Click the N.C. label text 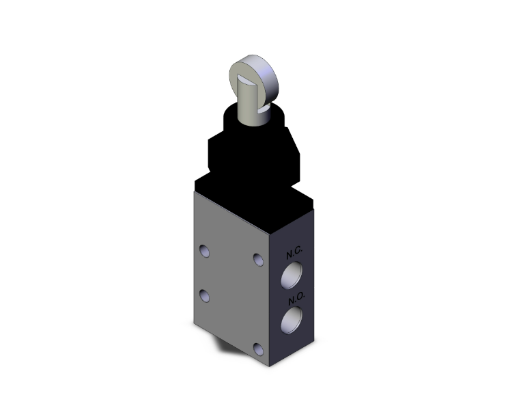(x=294, y=253)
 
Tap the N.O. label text (x=295, y=298)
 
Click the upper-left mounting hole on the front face (x=203, y=252)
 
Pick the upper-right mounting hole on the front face (x=257, y=259)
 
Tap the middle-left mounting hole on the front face (x=203, y=295)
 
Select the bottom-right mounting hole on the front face (x=257, y=349)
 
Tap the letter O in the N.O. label (x=299, y=299)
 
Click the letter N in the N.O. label (x=290, y=297)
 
